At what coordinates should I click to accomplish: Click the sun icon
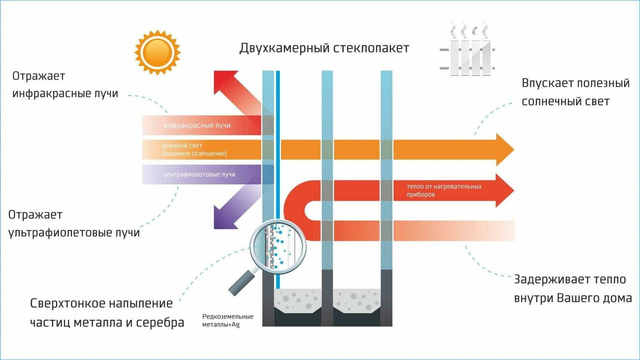pyautogui.click(x=157, y=52)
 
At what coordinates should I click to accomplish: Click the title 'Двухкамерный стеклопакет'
pyautogui.click(x=324, y=48)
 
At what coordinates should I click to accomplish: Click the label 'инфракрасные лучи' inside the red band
pyautogui.click(x=197, y=125)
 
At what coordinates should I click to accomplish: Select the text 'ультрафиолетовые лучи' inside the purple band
pyautogui.click(x=199, y=174)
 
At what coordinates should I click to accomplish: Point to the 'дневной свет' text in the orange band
pyautogui.click(x=182, y=146)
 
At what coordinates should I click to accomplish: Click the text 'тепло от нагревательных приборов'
pyautogui.click(x=444, y=190)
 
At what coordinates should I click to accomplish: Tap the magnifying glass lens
pyautogui.click(x=278, y=246)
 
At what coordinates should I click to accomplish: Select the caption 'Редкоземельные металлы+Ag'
pyautogui.click(x=227, y=320)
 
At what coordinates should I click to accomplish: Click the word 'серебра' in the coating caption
pyautogui.click(x=160, y=323)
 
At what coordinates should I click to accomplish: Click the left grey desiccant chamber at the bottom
pyautogui.click(x=298, y=301)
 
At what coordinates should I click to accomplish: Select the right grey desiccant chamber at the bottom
pyautogui.click(x=357, y=301)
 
